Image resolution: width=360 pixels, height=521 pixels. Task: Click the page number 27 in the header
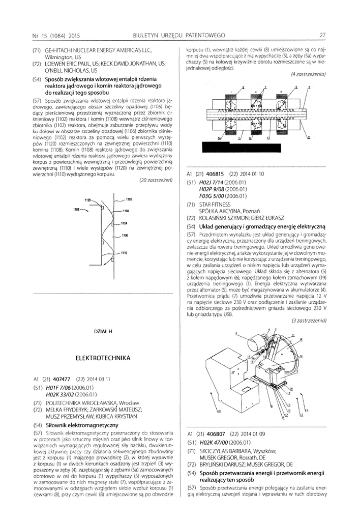(x=322, y=35)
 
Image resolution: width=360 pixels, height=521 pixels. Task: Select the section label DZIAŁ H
(x=103, y=332)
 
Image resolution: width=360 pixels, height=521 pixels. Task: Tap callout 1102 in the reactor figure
(x=128, y=199)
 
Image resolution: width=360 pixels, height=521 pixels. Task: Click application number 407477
(x=61, y=380)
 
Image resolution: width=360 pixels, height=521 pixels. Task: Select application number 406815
(x=216, y=173)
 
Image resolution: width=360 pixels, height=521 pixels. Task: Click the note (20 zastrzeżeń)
(x=157, y=180)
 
